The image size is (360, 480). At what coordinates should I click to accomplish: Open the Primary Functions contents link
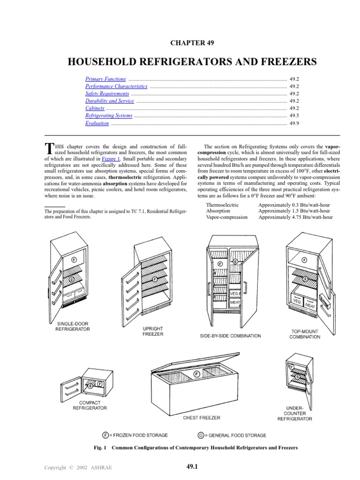click(x=105, y=79)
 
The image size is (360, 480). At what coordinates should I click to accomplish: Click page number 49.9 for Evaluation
click(x=294, y=124)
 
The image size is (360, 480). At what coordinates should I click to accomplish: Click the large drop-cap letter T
click(x=47, y=148)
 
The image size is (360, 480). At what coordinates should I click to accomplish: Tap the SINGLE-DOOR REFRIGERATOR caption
click(x=73, y=326)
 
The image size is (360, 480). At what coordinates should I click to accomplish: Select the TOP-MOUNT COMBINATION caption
click(x=305, y=334)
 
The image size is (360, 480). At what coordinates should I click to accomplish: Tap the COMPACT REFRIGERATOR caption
click(x=90, y=405)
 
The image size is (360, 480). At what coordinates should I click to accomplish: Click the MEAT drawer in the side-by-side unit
click(x=235, y=303)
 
